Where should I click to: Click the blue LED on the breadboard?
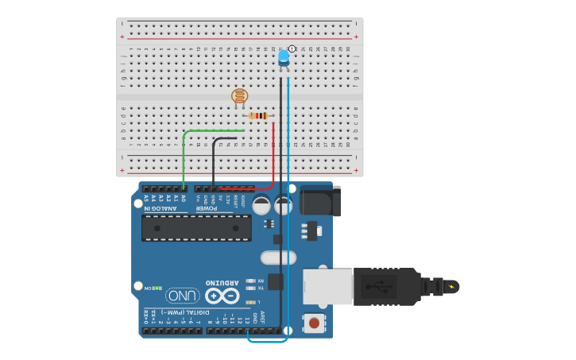coord(283,58)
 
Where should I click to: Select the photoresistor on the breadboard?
coord(239,97)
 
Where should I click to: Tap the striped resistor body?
coord(258,116)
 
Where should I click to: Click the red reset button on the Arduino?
coord(315,323)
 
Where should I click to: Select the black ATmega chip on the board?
coord(196,227)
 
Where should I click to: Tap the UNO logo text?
coord(182,296)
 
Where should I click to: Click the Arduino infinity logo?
coord(222,296)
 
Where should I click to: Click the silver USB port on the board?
coord(327,286)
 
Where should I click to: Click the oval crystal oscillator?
coord(278,257)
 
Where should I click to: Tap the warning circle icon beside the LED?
coord(292,49)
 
